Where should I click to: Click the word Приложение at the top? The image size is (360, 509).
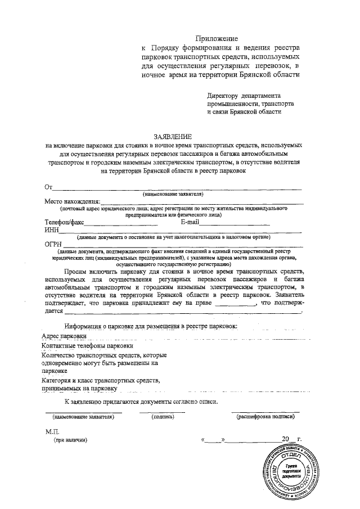(x=216, y=38)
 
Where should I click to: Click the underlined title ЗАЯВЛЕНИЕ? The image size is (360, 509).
(x=173, y=137)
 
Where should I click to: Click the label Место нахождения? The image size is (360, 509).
(x=73, y=201)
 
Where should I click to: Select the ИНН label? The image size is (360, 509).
(x=52, y=230)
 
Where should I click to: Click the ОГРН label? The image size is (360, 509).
(x=53, y=244)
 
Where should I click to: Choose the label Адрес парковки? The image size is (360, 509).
(x=64, y=336)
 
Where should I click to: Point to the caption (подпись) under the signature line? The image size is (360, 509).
(x=162, y=417)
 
